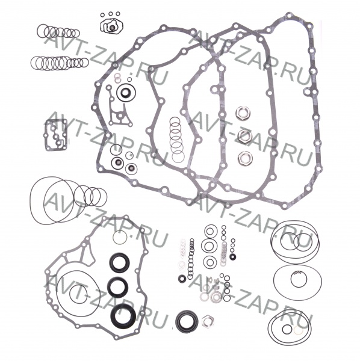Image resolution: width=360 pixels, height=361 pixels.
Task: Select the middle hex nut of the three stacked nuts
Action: pos(244,135)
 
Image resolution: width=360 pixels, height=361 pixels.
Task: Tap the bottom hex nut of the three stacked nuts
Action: pos(245,158)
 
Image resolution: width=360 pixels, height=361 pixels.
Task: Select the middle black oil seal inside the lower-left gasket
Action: pos(118,287)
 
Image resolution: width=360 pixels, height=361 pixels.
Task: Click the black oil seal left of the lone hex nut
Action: pos(187,321)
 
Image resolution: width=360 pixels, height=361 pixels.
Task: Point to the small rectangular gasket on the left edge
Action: pos(56,135)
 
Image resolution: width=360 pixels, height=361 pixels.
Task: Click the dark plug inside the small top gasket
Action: pos(112,28)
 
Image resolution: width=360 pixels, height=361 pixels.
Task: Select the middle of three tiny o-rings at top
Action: pos(110,14)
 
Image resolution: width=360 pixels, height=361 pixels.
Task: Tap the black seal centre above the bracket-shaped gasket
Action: pos(125,93)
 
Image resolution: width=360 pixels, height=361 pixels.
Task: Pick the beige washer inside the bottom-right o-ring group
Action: pos(298,330)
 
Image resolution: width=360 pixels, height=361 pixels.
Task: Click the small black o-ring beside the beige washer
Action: pos(287,329)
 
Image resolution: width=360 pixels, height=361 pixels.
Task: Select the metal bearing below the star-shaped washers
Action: pos(216,297)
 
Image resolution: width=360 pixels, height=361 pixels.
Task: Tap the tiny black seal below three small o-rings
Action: pos(233,256)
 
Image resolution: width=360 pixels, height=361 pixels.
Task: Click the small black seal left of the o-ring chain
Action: pos(182,279)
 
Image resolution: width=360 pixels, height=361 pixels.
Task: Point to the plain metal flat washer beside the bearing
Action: pos(204,297)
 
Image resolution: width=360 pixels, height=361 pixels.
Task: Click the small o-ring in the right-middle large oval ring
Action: pos(299,280)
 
